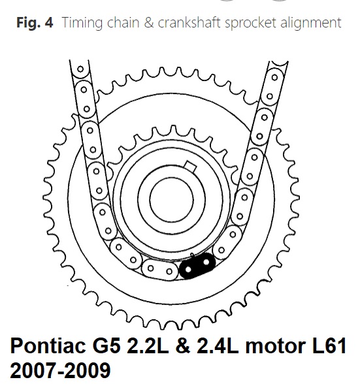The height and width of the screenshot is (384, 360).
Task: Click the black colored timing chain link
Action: coord(197,266)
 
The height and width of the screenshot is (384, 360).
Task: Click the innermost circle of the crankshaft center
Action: coord(171,200)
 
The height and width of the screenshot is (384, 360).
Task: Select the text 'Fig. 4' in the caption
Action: coord(35,22)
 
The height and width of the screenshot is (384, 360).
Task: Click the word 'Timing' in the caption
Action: coord(82,23)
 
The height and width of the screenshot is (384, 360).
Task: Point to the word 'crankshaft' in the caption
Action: coord(189,22)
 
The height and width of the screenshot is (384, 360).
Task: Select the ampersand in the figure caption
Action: coord(149,22)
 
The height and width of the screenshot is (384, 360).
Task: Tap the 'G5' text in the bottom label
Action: coord(106,346)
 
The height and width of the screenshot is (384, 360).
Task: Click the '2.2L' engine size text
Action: coord(148,346)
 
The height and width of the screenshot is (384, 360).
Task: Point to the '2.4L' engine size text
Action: coord(218,346)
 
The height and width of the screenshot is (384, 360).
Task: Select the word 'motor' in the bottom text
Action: coord(275,346)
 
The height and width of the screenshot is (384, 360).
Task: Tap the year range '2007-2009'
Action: coord(60,370)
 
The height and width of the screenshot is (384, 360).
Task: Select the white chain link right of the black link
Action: coord(227,242)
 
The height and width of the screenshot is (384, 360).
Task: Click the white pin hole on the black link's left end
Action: coord(188,270)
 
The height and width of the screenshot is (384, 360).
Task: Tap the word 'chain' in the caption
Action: coord(123,22)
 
